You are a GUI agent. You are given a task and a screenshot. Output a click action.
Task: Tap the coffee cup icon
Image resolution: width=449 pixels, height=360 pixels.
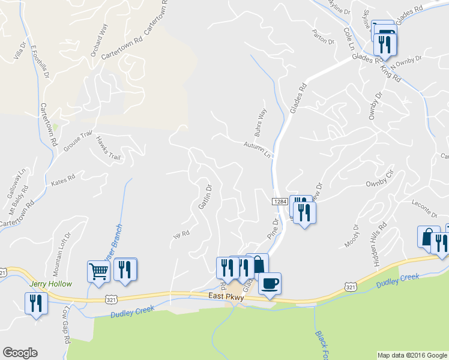[270, 283]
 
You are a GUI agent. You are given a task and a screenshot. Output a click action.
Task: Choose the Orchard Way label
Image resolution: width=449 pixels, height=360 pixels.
[99, 40]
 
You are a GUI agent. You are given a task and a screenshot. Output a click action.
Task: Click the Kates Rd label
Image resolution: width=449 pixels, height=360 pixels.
[63, 179]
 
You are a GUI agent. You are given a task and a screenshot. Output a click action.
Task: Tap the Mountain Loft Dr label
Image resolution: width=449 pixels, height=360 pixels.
[62, 250]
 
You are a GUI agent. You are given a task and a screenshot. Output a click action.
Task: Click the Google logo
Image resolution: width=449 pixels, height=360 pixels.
[20, 353]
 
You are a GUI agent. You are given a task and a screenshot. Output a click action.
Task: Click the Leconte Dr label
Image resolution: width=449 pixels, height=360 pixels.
[425, 210]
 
